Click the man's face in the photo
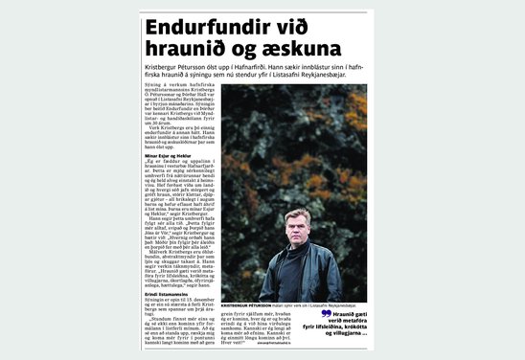[x=298, y=229]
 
